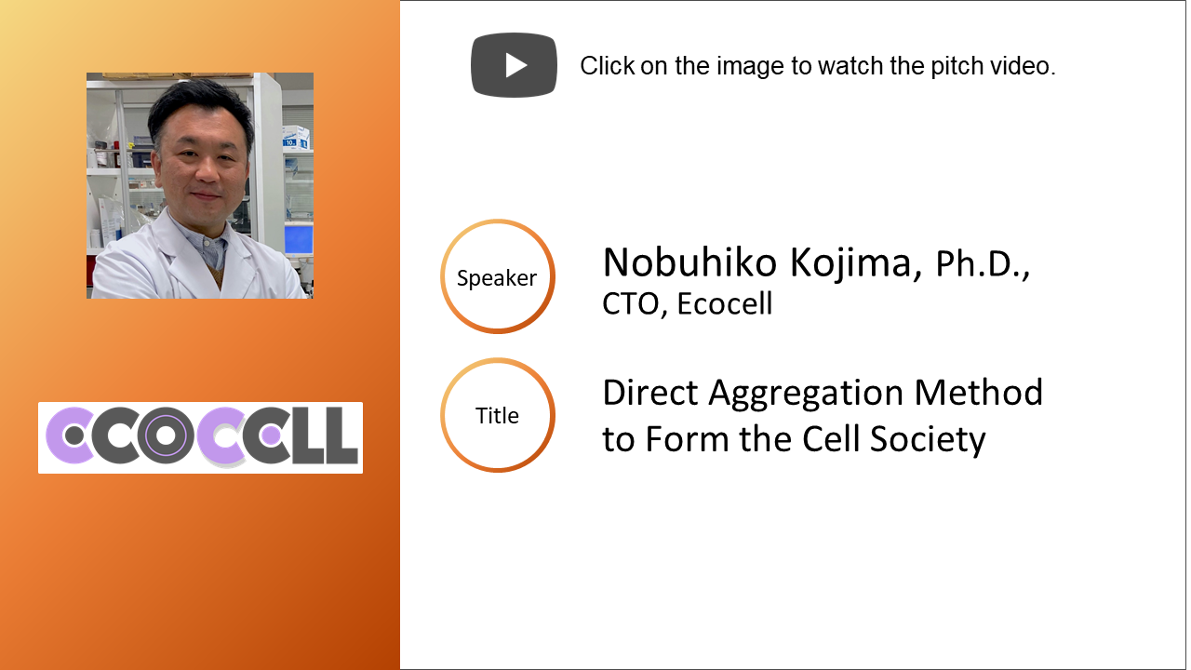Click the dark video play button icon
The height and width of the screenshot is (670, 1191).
pos(515,65)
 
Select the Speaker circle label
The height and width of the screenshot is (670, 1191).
pos(497,276)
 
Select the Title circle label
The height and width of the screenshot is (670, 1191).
pos(497,415)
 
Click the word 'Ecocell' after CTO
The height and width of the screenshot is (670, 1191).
pos(725,303)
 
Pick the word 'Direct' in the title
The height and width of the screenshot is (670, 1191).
pos(649,393)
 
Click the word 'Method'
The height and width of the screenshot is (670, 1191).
pos(979,393)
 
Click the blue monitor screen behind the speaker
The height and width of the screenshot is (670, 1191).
pos(299,240)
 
